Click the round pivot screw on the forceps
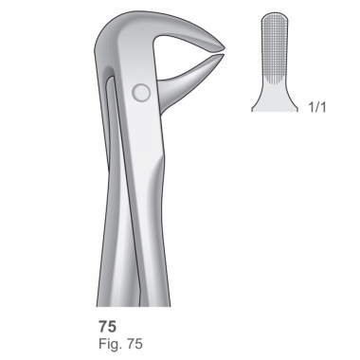141,93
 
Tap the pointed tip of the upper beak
225,48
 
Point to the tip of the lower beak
224,55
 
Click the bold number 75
107,327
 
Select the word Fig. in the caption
111,344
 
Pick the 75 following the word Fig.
135,344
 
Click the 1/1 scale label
316,107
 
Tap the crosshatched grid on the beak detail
275,45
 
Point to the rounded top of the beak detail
275,16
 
